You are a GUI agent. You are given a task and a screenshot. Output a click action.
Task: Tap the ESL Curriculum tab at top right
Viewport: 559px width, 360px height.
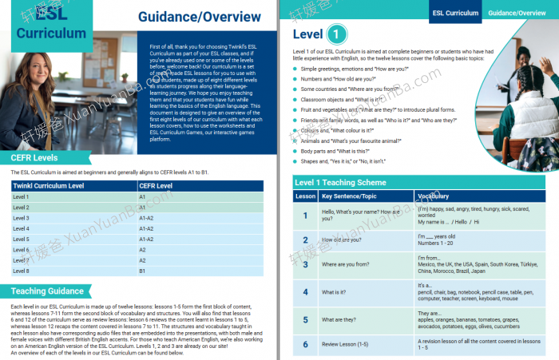click(455, 13)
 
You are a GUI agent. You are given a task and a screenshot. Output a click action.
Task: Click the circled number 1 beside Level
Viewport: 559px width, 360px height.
click(338, 34)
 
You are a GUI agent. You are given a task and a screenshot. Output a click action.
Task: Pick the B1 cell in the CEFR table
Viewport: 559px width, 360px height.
click(143, 270)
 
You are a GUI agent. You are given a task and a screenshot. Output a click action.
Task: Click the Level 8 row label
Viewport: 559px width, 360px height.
click(22, 270)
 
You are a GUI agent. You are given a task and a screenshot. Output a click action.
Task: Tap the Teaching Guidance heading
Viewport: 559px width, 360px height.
click(48, 291)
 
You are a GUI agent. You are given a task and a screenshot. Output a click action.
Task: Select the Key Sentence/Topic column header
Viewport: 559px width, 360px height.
click(349, 196)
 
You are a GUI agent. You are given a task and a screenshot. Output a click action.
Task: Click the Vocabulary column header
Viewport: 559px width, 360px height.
click(434, 196)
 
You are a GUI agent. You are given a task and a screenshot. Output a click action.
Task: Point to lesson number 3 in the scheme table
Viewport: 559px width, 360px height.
click(305, 264)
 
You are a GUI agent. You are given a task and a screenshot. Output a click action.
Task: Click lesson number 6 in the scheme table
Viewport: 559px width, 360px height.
click(305, 345)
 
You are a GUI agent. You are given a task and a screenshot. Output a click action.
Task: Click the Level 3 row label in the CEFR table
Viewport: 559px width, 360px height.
click(22, 218)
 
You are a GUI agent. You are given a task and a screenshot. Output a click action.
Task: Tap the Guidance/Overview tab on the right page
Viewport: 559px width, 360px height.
click(523, 13)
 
